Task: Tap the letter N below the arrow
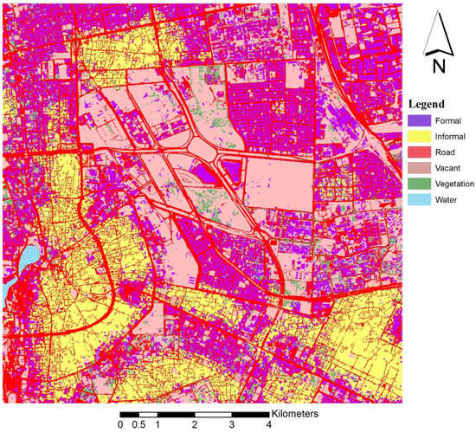[439, 66]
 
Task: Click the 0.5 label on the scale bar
[138, 425]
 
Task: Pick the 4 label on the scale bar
[268, 425]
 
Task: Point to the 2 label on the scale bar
[194, 425]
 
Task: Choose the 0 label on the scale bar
[120, 425]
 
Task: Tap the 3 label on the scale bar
[231, 425]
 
